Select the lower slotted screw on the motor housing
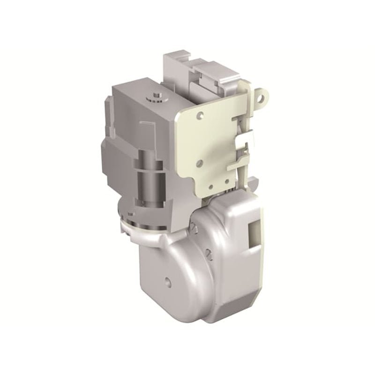click(x=209, y=254)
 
